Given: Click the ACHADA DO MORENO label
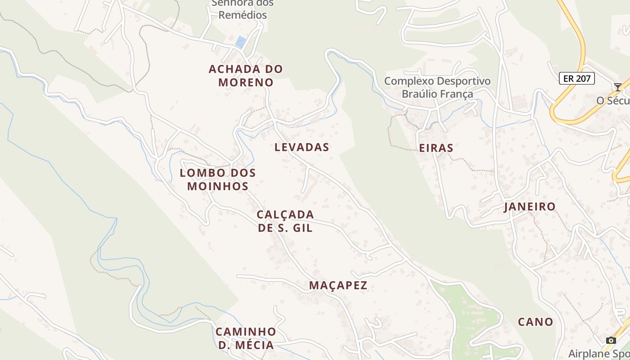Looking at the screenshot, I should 246,76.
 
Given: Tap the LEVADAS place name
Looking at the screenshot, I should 301,147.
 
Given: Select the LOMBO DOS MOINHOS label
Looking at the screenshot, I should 218,180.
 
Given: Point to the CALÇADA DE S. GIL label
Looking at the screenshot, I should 285,221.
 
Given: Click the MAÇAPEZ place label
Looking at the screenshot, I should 338,285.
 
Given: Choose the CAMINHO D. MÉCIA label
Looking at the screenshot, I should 246,338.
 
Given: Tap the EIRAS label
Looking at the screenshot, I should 436,148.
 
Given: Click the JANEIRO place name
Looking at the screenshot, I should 530,207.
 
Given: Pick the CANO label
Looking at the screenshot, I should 535,322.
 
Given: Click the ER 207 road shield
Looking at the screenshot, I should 577,78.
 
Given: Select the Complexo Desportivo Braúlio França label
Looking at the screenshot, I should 437,88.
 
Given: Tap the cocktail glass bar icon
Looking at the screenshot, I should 618,87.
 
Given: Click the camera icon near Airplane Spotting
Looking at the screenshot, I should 611,340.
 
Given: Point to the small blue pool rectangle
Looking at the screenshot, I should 241,42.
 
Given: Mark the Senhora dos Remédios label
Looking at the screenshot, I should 242,9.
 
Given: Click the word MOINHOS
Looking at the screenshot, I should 218,186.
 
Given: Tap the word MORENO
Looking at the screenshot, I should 246,82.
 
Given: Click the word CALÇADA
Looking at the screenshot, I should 285,215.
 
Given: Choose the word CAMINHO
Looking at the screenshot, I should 246,332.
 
